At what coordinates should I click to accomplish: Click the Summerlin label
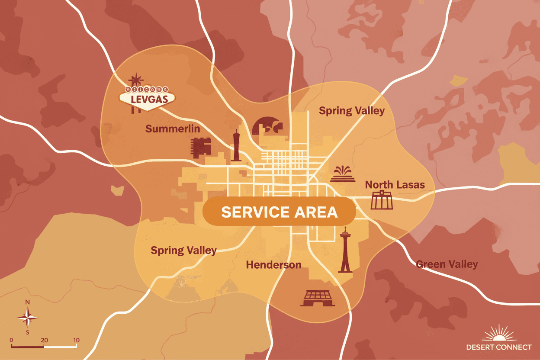[x=173, y=129]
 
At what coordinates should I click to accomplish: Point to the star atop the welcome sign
[x=137, y=79]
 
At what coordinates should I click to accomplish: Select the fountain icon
[x=343, y=174]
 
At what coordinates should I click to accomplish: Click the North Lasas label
[x=395, y=185]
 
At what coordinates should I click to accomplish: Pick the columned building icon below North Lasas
[x=382, y=200]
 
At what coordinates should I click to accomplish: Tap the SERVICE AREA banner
[x=279, y=212]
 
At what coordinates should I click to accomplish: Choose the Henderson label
[x=273, y=265]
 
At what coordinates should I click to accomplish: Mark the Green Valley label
[x=447, y=264]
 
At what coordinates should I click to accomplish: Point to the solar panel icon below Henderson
[x=318, y=299]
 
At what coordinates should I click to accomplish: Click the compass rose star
[x=28, y=318]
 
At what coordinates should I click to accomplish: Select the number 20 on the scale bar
[x=44, y=340]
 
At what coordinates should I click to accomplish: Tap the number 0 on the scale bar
[x=11, y=340]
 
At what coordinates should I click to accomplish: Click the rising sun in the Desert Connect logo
[x=499, y=334]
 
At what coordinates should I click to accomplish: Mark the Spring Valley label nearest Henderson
[x=183, y=251]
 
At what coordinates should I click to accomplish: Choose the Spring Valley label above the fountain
[x=351, y=111]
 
